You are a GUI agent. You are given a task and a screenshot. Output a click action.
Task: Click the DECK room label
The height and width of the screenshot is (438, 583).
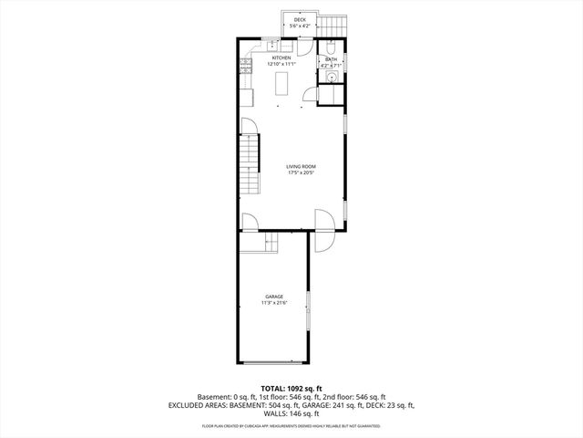coord(300,20)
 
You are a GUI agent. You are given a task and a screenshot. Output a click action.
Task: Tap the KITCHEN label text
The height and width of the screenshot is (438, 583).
coord(281,57)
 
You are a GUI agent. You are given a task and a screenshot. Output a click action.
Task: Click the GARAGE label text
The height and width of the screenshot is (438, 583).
coord(274,296)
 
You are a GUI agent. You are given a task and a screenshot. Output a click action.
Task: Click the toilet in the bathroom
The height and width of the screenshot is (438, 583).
coord(332,47)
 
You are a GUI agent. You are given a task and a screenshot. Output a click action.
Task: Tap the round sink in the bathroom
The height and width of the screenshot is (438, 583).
coord(332,78)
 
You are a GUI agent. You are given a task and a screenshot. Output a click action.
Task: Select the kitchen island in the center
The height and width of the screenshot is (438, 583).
coord(281,84)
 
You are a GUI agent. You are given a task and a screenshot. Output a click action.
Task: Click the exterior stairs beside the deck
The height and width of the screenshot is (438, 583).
coord(333,23)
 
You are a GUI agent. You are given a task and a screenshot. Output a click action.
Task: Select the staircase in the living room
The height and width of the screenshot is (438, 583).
coord(249,165)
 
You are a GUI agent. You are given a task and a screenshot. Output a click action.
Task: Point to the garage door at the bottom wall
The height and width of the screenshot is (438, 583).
coord(273,363)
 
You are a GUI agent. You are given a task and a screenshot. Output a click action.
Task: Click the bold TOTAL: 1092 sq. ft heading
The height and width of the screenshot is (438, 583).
coord(291,388)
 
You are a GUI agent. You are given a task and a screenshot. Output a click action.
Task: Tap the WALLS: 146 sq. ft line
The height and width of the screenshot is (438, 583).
coord(291,413)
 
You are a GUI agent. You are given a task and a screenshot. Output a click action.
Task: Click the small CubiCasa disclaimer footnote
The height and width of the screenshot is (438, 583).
coord(291,426)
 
